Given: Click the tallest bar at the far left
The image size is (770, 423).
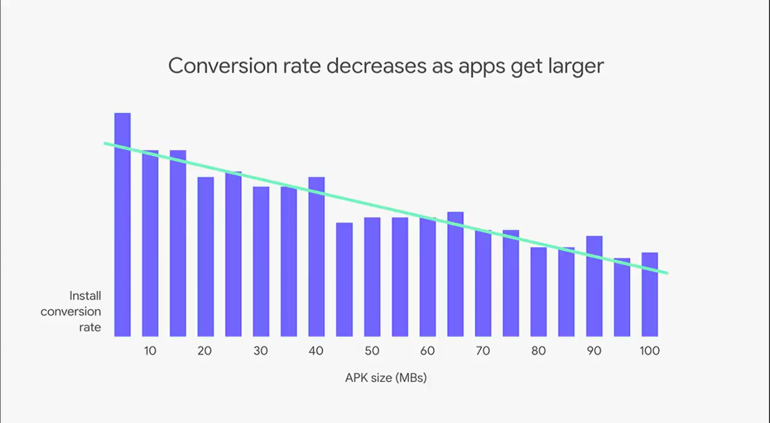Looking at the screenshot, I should coord(122,225).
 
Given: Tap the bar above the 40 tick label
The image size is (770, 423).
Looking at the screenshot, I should coord(317,257).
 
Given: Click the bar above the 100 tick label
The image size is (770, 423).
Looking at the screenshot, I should coord(650,294).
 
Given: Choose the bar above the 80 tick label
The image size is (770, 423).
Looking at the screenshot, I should coord(538,291).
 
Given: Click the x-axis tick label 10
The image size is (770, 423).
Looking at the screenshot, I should coord(150,351).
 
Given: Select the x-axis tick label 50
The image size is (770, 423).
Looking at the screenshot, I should coord(372,351).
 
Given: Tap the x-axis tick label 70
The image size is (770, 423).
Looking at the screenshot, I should coord(483,351).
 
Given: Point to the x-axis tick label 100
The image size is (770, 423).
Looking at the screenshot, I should coord(650,351).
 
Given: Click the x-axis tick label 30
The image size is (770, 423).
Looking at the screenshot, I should coord(261,351).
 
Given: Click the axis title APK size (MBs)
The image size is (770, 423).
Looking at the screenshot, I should coord(386,378).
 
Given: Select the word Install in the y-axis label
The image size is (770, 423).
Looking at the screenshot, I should coord(85,295).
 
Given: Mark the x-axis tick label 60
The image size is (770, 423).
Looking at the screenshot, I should coord(428,351).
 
